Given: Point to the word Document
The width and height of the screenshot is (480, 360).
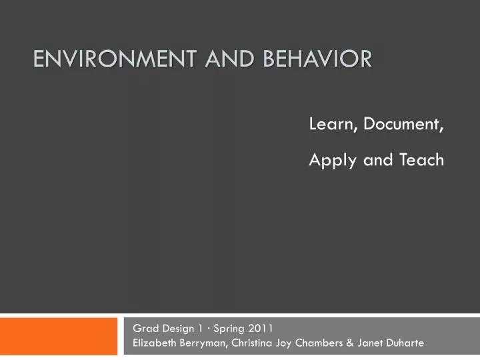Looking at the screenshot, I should coord(405,124).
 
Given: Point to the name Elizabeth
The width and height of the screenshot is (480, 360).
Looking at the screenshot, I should coord(153,343).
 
